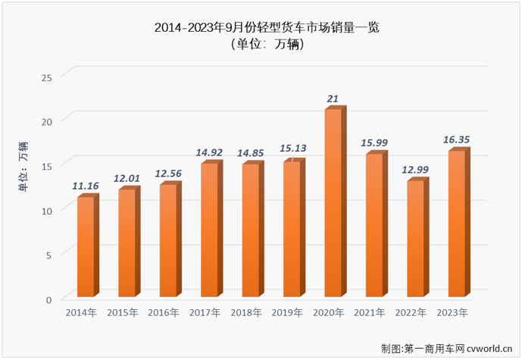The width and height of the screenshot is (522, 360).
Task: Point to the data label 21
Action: tap(333, 99)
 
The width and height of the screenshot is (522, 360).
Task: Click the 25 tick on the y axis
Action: tap(46, 77)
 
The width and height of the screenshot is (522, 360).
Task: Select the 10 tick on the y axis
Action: tap(46, 211)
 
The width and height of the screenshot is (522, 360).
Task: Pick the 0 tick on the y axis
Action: tap(48, 299)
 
